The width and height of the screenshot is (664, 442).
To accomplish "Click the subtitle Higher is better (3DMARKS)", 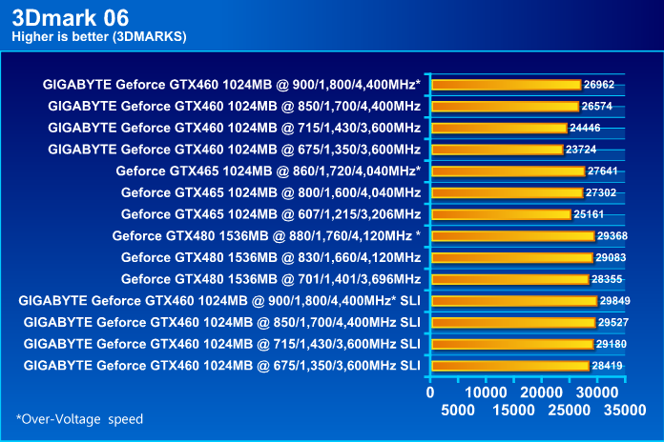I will pyautogui.click(x=98, y=37).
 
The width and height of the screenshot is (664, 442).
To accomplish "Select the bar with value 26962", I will pyautogui.click(x=507, y=85).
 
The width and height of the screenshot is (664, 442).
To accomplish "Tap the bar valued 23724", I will pyautogui.click(x=497, y=150).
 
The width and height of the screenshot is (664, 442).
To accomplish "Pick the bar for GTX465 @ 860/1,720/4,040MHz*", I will pyautogui.click(x=508, y=171).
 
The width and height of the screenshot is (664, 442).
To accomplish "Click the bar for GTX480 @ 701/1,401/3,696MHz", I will pyautogui.click(x=510, y=279).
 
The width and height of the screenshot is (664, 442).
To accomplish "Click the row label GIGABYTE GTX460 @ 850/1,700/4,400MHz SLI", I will pyautogui.click(x=222, y=322).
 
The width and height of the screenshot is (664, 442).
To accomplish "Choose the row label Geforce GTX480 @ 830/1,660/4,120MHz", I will pyautogui.click(x=271, y=257).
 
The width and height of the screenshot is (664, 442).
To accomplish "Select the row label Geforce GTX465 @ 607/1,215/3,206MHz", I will pyautogui.click(x=271, y=214).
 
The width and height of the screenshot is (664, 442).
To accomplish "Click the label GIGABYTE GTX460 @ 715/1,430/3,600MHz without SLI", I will pyautogui.click(x=234, y=128).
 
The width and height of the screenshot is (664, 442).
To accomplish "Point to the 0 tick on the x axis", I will pyautogui.click(x=431, y=392).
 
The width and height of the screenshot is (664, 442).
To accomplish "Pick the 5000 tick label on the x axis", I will pyautogui.click(x=460, y=411).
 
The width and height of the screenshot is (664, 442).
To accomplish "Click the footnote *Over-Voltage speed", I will pyautogui.click(x=79, y=418).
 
